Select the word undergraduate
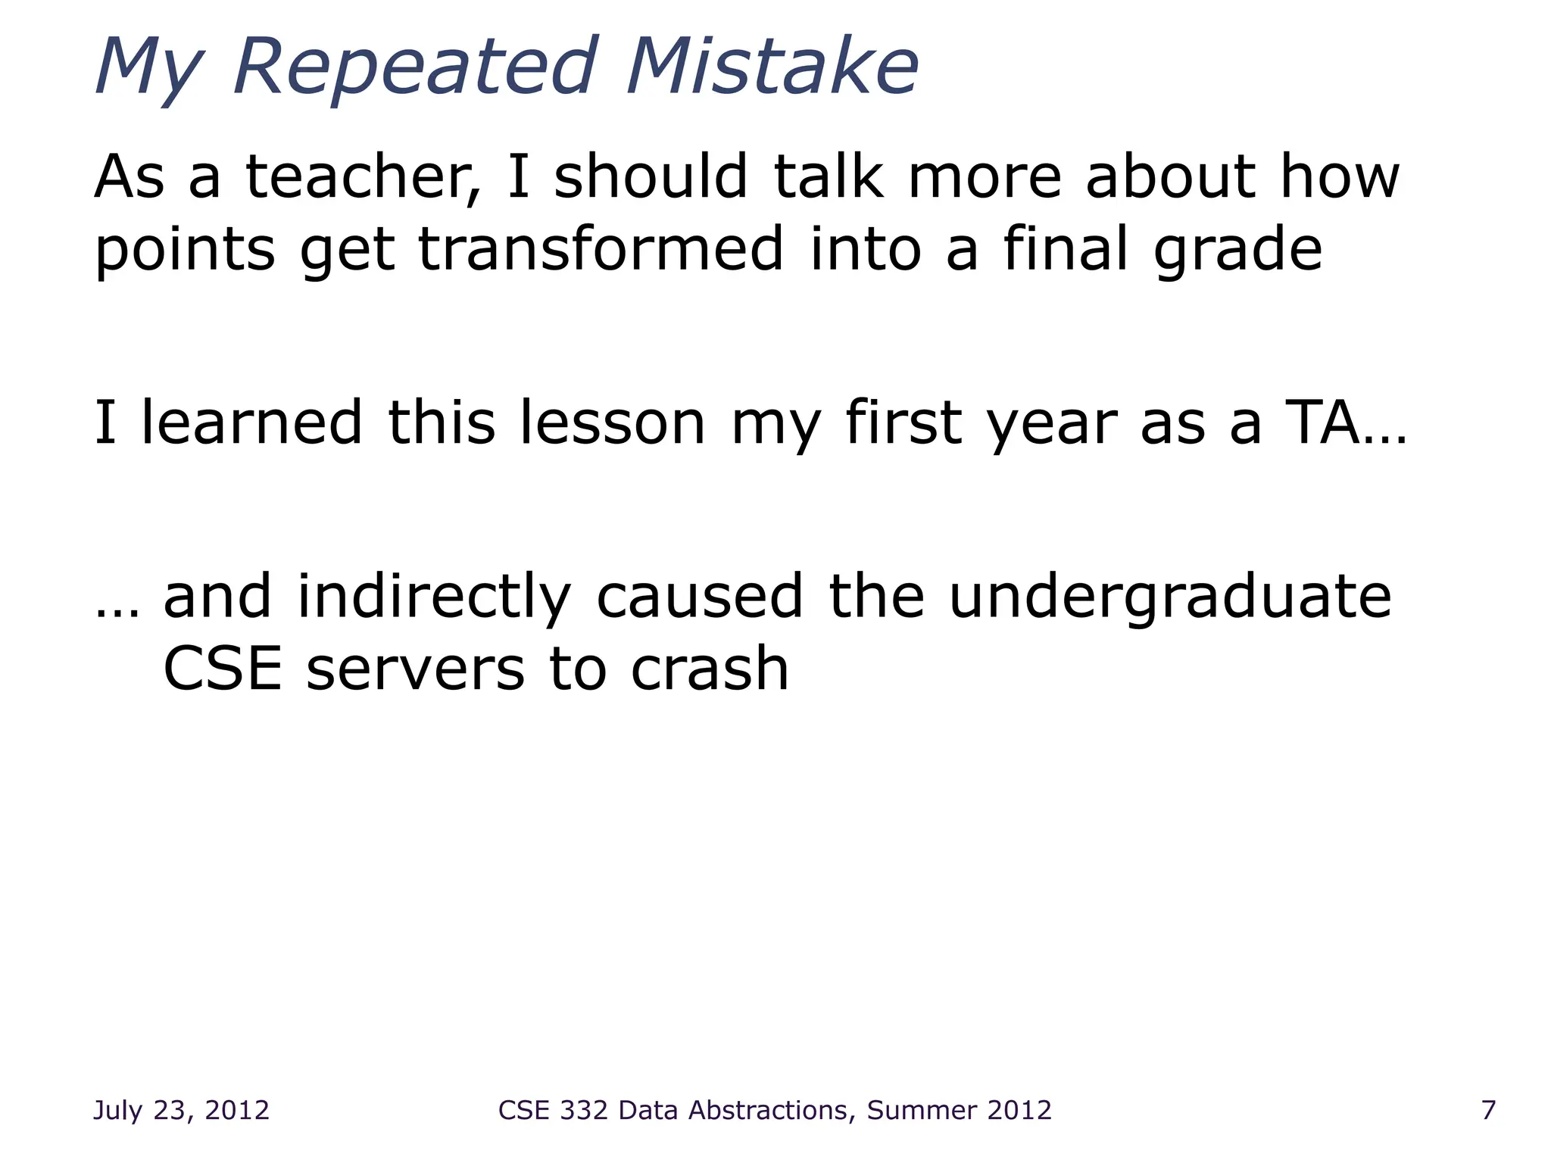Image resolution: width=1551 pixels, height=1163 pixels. pos(1169,598)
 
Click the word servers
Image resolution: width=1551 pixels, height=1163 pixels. pos(415,669)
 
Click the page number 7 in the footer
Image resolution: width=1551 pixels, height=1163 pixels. pos(1488,1110)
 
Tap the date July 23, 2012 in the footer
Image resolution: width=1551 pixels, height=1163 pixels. pos(181,1110)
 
